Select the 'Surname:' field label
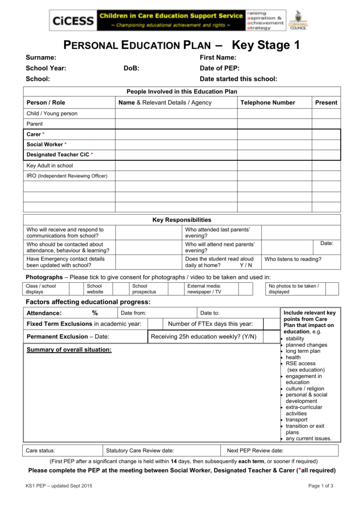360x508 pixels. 41,58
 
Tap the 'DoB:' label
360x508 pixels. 131,68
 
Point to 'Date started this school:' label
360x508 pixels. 238,79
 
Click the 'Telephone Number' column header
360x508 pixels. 268,103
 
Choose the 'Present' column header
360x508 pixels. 326,103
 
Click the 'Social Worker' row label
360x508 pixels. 46,144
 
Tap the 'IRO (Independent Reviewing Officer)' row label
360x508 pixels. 67,176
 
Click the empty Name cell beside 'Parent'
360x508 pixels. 176,124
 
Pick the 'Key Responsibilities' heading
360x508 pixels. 181,220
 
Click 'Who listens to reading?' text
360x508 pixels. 292,259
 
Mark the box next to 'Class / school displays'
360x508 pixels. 75,289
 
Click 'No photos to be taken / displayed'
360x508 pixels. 293,289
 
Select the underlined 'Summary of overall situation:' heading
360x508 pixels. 69,350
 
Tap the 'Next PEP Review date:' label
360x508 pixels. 255,450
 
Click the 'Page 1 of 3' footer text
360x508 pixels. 320,486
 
